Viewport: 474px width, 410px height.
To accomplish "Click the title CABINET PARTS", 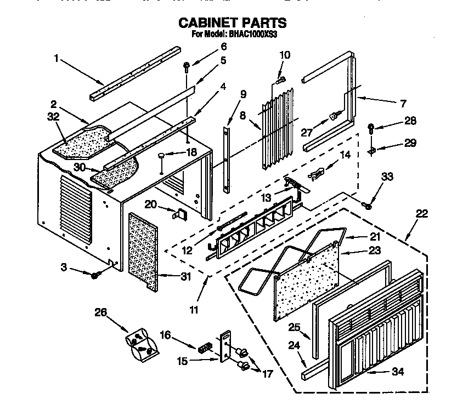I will click(233, 22).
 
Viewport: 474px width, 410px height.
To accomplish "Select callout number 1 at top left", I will click(57, 57).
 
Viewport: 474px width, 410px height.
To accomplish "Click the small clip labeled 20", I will click(178, 214).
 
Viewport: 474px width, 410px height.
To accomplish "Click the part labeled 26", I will click(141, 344).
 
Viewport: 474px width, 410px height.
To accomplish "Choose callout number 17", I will click(267, 375).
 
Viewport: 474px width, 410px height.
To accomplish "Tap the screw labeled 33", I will click(367, 206).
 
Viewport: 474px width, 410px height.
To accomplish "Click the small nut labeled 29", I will click(373, 149).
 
